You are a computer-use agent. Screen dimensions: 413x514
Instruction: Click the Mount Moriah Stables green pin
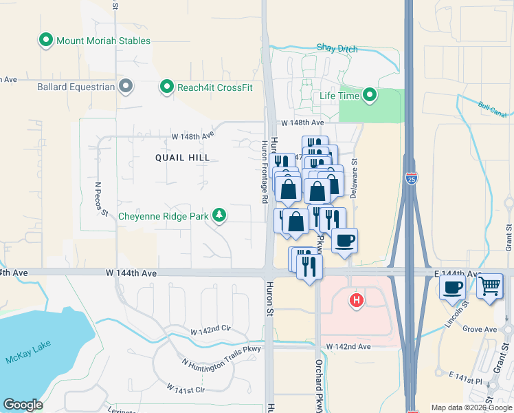[x=47, y=41]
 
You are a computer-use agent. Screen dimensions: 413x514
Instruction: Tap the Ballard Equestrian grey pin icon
[x=125, y=86]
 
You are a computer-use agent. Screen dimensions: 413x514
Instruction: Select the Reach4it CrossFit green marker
[x=166, y=87]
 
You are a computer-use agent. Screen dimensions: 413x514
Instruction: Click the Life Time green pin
[x=370, y=96]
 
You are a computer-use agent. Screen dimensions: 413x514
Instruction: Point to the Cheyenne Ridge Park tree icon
[x=219, y=216]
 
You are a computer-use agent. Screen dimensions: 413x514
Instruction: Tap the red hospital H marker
[x=356, y=300]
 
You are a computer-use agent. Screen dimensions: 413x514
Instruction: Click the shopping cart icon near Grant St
[x=489, y=285]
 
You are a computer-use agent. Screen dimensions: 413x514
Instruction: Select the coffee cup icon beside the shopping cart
[x=452, y=286]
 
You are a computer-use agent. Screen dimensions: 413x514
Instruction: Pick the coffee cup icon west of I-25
[x=344, y=240]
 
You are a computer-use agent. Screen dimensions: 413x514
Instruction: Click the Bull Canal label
[x=491, y=107]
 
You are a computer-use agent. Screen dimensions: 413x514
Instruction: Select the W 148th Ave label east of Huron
[x=302, y=123]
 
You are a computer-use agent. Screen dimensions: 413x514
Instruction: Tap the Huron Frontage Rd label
[x=265, y=172]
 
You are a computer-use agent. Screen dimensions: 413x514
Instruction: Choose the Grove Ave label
[x=479, y=330]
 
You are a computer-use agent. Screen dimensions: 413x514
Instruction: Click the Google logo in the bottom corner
[x=23, y=405]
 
